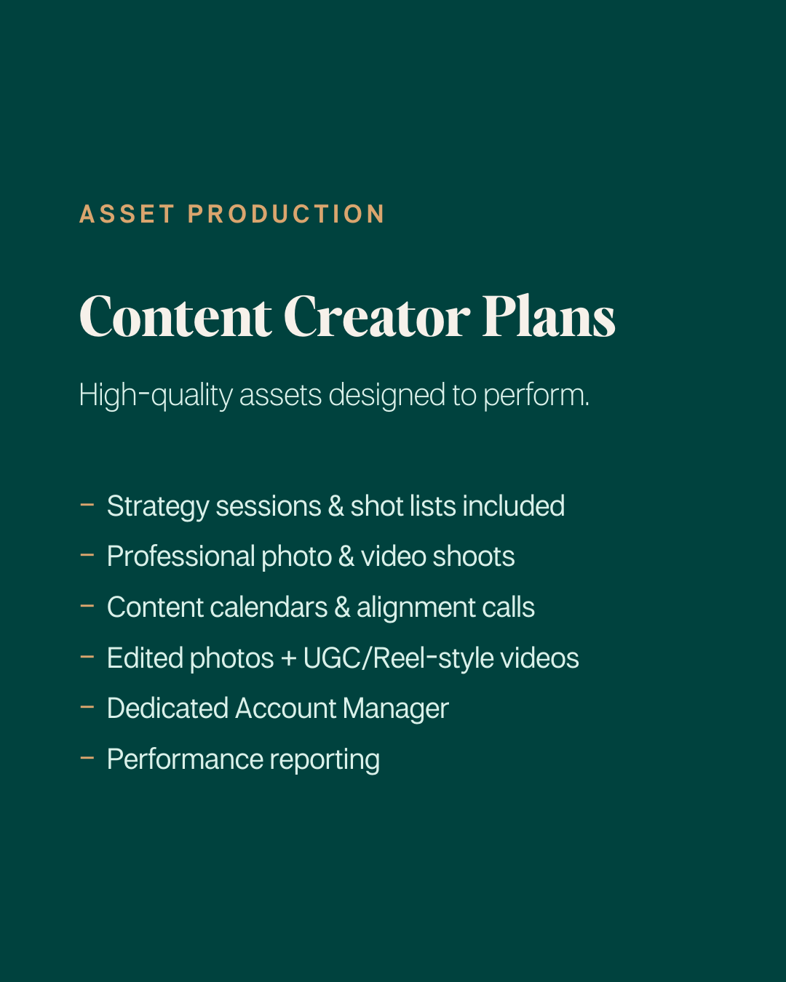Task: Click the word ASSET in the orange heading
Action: click(127, 214)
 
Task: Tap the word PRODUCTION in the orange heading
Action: click(286, 214)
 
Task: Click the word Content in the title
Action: click(175, 317)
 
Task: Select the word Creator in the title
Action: click(376, 317)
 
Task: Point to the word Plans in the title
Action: click(549, 317)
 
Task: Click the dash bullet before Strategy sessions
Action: click(87, 505)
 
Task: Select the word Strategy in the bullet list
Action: click(157, 507)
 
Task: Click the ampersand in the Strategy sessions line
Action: click(336, 506)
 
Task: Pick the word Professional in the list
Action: click(180, 556)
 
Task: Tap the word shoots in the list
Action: click(474, 556)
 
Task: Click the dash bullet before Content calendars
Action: click(87, 606)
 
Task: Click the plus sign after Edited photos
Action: click(288, 659)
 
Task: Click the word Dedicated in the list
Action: click(167, 708)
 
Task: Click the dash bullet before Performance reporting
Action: click(87, 758)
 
